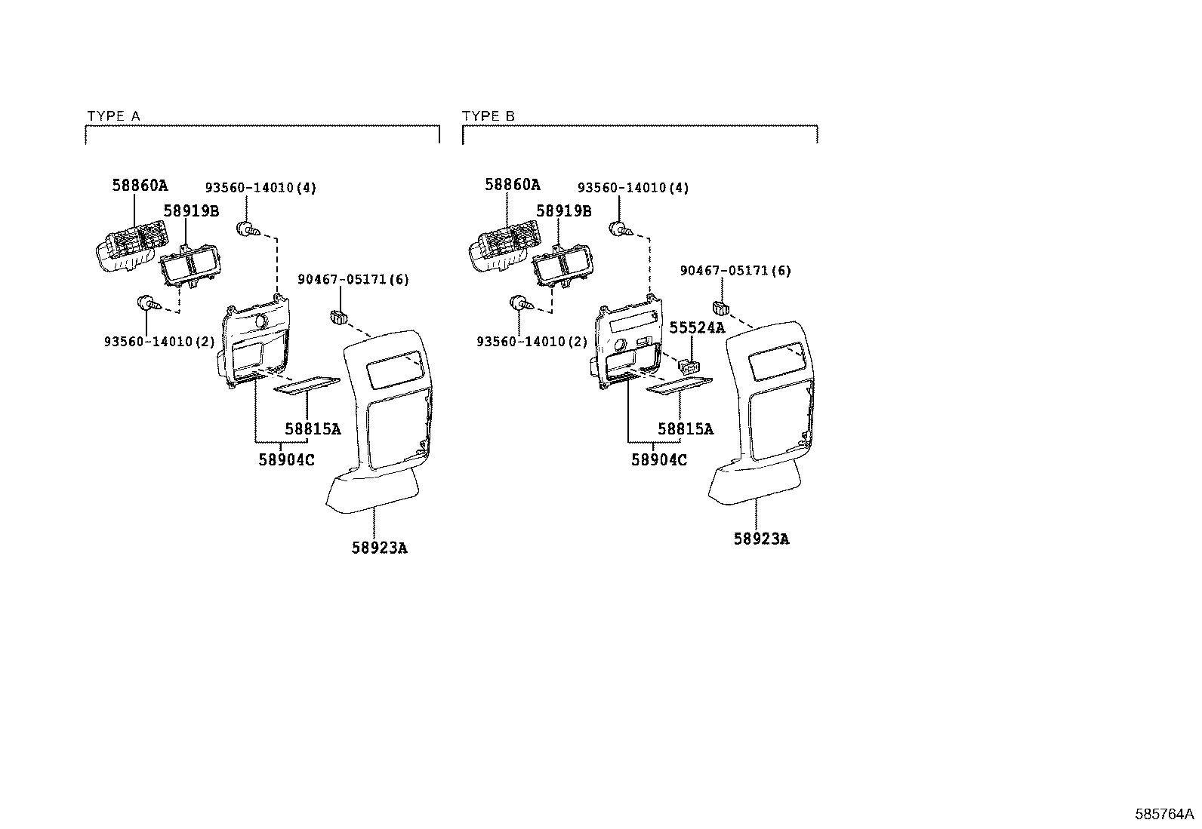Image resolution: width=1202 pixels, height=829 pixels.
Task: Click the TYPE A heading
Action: click(x=113, y=116)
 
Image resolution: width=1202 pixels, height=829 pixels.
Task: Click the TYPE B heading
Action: click(x=488, y=116)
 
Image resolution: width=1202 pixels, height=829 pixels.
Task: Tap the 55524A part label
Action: click(x=697, y=327)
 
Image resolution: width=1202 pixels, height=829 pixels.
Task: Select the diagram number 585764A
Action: click(x=1164, y=814)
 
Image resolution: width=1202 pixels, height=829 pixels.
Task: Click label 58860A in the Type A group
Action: click(x=140, y=185)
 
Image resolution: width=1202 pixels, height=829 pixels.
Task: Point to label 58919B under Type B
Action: click(x=563, y=210)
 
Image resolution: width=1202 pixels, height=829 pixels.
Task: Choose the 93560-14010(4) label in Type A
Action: click(x=260, y=188)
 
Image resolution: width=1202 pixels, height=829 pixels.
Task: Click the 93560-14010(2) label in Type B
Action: click(x=532, y=342)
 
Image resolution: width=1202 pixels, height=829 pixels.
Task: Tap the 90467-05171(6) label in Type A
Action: click(x=353, y=279)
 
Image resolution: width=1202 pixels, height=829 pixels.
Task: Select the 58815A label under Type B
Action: click(x=686, y=429)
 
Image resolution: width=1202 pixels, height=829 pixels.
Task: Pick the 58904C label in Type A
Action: click(x=286, y=459)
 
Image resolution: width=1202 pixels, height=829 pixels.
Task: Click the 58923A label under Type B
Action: click(x=761, y=539)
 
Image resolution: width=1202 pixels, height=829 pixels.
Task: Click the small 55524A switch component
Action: click(x=689, y=367)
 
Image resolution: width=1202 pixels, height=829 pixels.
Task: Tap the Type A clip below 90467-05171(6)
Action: click(x=338, y=318)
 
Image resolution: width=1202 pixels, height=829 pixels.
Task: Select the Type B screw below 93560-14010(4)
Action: click(x=621, y=229)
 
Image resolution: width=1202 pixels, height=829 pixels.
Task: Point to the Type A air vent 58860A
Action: click(x=131, y=246)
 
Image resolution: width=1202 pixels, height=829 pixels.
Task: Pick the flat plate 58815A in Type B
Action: click(x=680, y=386)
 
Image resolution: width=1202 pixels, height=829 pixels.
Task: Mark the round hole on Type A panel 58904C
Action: click(x=262, y=321)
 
